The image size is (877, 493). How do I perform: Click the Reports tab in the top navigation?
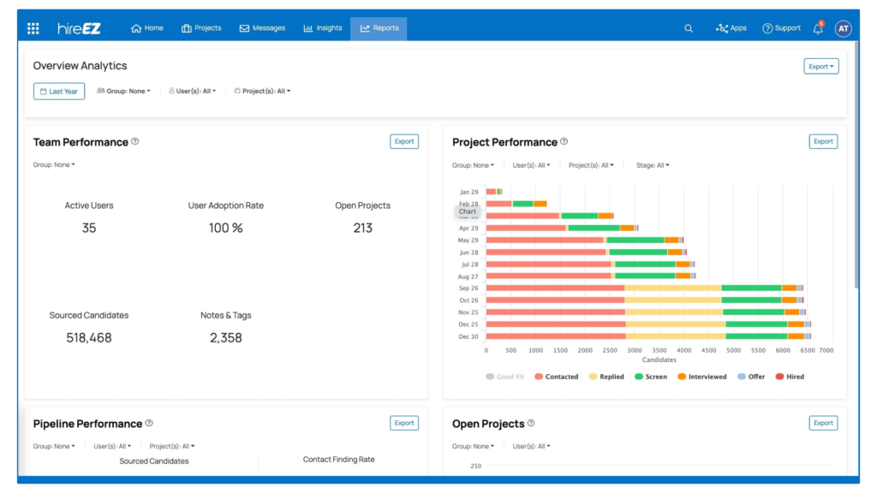379,28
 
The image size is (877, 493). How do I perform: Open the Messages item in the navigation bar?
262,28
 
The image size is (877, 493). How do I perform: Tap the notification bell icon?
818,28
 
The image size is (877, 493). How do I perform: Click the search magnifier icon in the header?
689,28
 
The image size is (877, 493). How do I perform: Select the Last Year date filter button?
59,92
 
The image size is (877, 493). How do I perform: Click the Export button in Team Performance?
404,142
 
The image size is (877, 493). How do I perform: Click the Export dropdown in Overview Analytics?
821,66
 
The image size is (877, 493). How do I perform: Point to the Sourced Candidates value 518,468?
89,338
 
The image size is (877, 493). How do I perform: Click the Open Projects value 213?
362,229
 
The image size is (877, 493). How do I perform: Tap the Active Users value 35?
89,229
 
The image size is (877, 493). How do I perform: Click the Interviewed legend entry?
701,377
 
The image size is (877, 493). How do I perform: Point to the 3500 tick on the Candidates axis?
659,351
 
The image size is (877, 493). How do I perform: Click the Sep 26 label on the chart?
468,288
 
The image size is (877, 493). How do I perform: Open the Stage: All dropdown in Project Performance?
653,165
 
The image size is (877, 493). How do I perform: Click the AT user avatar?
844,28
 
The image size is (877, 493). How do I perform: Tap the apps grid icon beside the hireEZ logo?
33,28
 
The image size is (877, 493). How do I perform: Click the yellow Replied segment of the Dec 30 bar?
675,336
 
